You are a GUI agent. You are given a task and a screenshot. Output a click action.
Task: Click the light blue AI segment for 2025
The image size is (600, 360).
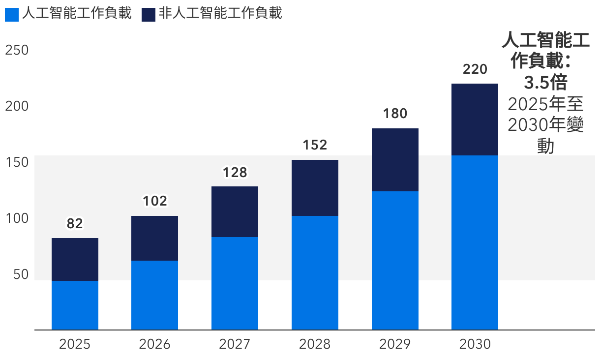(75, 305)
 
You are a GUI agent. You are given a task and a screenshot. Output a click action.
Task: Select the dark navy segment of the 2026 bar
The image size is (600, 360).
(154, 238)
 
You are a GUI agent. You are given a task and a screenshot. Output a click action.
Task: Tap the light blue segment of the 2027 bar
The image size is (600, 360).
(235, 283)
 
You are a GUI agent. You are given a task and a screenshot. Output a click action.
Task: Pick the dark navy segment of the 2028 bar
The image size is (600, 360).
(315, 188)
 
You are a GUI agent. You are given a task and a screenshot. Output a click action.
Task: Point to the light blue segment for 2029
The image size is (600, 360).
(395, 260)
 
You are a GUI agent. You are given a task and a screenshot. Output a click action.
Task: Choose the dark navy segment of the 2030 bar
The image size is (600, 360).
(475, 120)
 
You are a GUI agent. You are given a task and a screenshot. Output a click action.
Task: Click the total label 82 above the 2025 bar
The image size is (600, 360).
(75, 224)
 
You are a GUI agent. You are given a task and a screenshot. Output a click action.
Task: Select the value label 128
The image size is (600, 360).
(235, 172)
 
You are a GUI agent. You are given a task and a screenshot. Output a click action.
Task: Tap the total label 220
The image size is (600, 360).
(475, 69)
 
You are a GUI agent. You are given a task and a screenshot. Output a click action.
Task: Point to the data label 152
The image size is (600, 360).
(315, 145)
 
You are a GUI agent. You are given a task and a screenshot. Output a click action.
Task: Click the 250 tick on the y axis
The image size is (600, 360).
(17, 51)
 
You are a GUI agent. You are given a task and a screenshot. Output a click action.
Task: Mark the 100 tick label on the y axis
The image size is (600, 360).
(17, 218)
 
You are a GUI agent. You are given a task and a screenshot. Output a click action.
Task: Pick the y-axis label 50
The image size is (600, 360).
(20, 274)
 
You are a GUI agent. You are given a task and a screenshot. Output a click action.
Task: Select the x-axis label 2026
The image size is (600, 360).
(154, 344)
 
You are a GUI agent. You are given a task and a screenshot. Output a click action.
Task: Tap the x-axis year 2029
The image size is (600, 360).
(395, 344)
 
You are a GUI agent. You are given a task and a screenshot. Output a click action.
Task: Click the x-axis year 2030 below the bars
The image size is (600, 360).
(475, 344)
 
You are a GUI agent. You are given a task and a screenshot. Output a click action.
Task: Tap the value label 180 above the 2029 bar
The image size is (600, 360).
(395, 114)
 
